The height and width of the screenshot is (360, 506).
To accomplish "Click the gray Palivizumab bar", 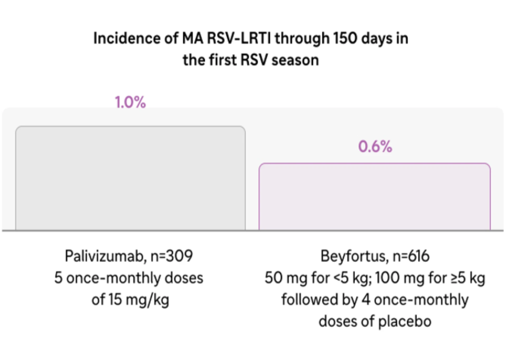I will (130, 178).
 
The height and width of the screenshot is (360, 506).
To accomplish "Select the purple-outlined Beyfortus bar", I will (374, 196).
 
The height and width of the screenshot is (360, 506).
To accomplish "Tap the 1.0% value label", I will (130, 102).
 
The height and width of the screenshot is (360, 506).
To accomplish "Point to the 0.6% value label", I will (375, 147).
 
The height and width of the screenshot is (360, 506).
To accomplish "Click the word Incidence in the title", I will (126, 38).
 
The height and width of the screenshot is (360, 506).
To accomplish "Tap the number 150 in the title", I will (345, 38).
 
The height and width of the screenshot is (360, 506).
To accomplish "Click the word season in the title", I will (295, 60).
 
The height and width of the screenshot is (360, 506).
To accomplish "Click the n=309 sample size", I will (172, 256).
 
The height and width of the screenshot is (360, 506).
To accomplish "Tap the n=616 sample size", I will (411, 256).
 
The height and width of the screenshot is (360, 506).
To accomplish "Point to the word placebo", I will (405, 321).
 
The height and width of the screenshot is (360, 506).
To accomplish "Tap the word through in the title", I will (302, 39).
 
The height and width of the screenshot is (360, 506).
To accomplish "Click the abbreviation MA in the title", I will (193, 38).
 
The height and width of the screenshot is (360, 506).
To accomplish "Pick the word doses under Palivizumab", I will (184, 278).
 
